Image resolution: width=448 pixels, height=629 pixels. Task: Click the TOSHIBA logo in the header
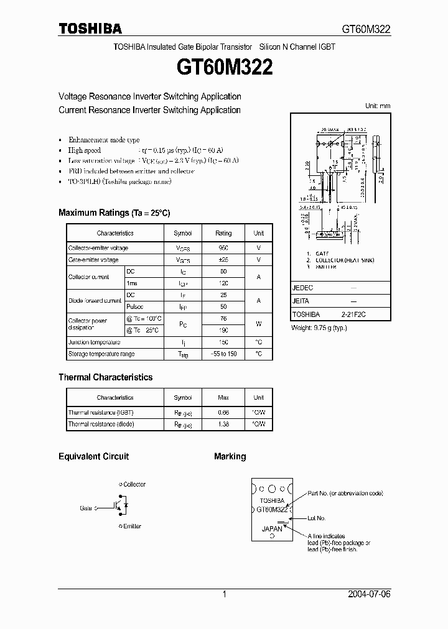point(90,28)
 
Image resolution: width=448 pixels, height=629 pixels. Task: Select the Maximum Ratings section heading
point(114,213)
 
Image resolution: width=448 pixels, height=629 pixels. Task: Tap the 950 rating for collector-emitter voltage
point(223,248)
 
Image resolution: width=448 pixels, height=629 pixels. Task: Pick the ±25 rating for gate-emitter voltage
point(223,260)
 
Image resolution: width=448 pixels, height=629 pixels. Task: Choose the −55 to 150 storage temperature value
point(223,354)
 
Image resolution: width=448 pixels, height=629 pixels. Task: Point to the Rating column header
point(223,233)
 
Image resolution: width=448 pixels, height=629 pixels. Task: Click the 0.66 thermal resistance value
point(223,412)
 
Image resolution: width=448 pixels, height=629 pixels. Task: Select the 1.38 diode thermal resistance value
point(223,424)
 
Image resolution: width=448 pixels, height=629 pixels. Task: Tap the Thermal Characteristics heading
point(105,377)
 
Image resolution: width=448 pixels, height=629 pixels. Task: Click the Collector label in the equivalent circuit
point(134,484)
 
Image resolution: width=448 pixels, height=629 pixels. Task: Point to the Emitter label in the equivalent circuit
point(131,526)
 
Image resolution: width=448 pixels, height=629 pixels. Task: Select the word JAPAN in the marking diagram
point(271,529)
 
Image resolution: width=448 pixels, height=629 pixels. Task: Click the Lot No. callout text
point(317,518)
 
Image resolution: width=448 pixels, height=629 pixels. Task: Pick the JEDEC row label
point(302,288)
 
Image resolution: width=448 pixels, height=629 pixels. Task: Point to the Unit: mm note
point(377,106)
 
